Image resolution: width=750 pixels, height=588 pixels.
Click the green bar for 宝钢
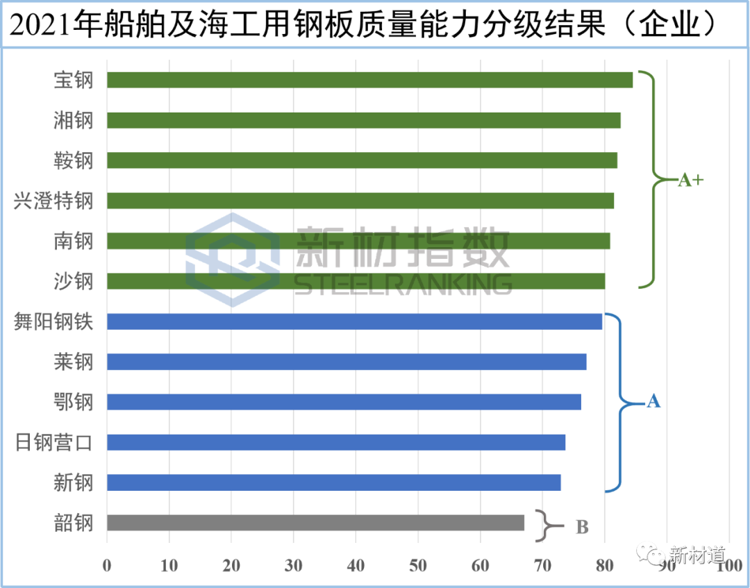370,81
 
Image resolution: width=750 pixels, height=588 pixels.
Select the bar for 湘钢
364,121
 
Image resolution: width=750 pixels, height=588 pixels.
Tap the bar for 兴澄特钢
360,201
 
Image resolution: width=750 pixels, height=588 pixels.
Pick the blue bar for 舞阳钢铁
355,321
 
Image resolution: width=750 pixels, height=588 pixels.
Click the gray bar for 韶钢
316,523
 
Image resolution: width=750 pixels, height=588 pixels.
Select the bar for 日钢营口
337,442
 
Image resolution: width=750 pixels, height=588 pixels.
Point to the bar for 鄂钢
344,402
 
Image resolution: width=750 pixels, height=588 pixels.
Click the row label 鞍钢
73,161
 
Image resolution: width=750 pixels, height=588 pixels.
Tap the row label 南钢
73,242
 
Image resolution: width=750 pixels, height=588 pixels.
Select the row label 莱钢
73,362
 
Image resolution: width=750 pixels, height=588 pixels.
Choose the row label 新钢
73,482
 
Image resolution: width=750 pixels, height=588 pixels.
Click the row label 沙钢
73,281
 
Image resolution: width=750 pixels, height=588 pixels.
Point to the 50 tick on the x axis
418,566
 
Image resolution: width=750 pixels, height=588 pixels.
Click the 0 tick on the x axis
107,566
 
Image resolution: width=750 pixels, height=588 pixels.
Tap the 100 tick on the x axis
729,566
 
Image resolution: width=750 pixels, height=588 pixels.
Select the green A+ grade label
690,180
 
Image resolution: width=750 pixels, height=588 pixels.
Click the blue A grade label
653,401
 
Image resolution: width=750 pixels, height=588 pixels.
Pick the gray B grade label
582,528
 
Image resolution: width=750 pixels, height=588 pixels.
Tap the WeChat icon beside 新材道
651,553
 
